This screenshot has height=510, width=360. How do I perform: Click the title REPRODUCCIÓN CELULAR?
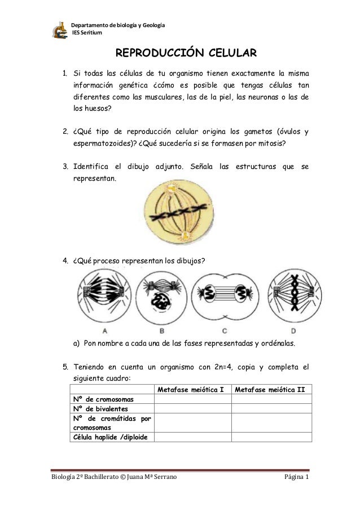(186, 54)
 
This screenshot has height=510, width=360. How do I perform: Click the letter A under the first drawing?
(104, 330)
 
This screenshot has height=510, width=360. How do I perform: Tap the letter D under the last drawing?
(293, 330)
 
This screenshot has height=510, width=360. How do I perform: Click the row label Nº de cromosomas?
(102, 399)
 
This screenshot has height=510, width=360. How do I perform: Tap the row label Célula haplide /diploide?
(107, 437)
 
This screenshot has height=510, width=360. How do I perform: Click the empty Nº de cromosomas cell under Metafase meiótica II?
(270, 399)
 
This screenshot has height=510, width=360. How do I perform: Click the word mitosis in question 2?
(270, 143)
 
